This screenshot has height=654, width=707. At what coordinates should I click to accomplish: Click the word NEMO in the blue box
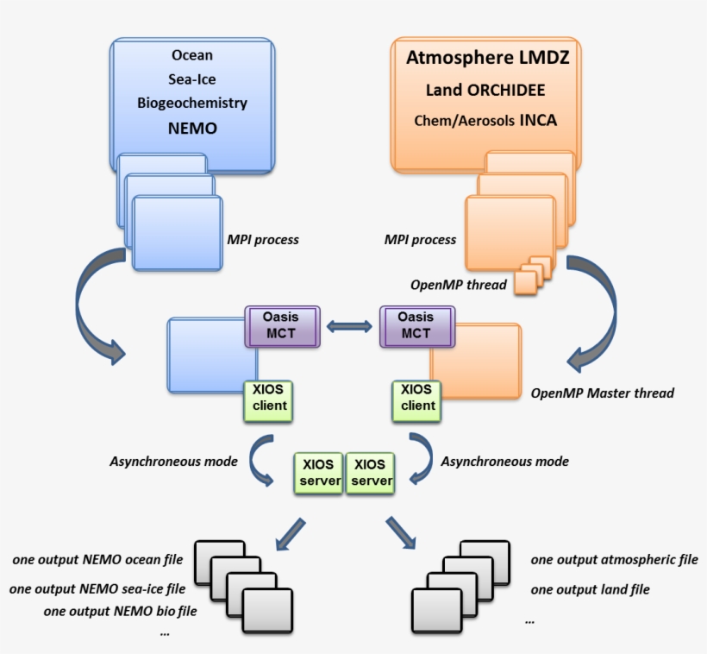coord(191,129)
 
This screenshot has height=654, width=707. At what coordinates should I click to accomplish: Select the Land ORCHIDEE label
coord(485,90)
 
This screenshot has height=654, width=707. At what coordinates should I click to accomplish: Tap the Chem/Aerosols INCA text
coord(485,120)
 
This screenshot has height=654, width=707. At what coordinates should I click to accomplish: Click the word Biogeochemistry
coord(191,103)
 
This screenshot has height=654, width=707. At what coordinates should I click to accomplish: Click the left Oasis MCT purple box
coord(283,325)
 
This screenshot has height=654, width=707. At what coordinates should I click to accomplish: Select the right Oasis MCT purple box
coord(416,325)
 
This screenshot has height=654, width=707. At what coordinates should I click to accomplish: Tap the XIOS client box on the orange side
coord(416,398)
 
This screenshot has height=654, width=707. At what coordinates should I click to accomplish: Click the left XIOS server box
coord(320,473)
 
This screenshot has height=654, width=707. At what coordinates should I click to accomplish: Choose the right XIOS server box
coord(372,473)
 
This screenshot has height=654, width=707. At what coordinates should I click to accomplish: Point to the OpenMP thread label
coord(458,284)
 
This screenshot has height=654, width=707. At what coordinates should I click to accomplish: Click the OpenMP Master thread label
coord(602,393)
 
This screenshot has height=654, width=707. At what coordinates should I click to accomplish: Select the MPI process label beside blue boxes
coord(262,240)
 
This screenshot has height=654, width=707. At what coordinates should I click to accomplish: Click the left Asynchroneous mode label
coord(173,461)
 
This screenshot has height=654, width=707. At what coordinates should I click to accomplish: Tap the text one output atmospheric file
coord(614,559)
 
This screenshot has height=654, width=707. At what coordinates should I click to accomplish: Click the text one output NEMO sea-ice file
coord(97,590)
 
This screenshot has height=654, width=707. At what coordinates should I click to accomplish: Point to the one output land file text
coord(590,589)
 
